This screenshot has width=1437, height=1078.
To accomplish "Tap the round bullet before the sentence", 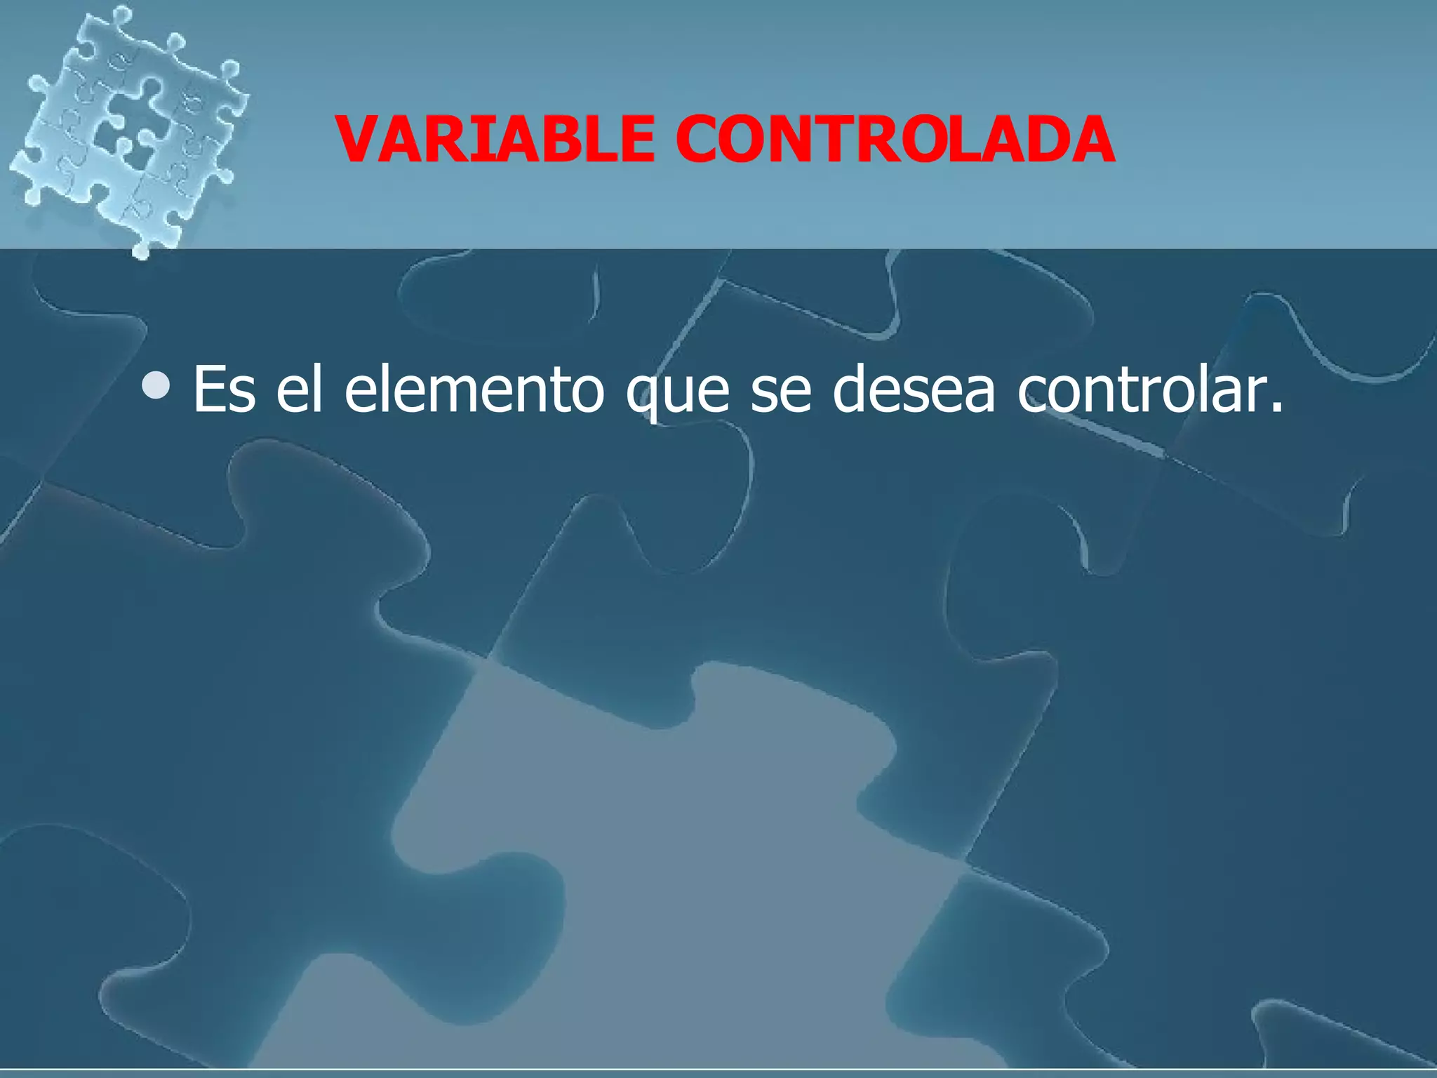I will pyautogui.click(x=155, y=385).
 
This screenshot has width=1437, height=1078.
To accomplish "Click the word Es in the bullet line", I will pyautogui.click(x=224, y=390).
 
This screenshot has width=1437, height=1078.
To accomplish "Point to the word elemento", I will pyautogui.click(x=474, y=390).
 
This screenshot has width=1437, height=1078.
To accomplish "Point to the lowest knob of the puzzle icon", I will pyautogui.click(x=141, y=249).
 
